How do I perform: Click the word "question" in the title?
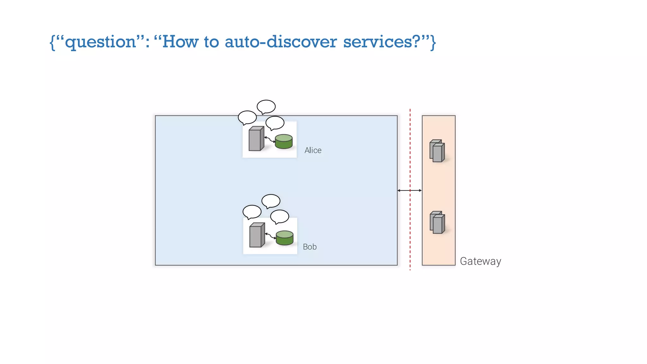(100, 42)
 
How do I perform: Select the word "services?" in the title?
(382, 42)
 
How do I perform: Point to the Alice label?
(313, 150)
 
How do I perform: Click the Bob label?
(310, 247)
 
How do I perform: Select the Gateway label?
(480, 261)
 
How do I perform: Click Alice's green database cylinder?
(284, 142)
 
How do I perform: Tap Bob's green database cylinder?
(285, 238)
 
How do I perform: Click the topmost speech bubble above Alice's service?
(266, 106)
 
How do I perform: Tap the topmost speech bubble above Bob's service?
(271, 201)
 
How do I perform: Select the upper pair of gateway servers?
(437, 151)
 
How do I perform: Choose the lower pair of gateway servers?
(437, 222)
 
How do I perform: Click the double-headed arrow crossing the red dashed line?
(409, 191)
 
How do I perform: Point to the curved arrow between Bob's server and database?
(270, 236)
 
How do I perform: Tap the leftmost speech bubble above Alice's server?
(247, 117)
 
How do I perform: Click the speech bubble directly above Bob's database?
(280, 216)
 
